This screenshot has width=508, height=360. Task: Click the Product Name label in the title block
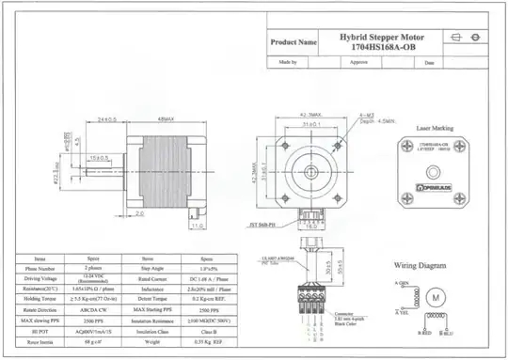[x=293, y=42]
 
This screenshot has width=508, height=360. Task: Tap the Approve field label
[x=359, y=63]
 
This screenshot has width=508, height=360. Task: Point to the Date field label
[x=430, y=63]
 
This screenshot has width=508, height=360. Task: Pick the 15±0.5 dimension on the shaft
[x=101, y=157]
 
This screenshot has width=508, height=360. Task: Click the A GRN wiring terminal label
[x=401, y=282]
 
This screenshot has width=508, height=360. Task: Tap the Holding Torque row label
[x=40, y=298]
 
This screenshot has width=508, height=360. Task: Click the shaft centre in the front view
[x=310, y=171]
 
